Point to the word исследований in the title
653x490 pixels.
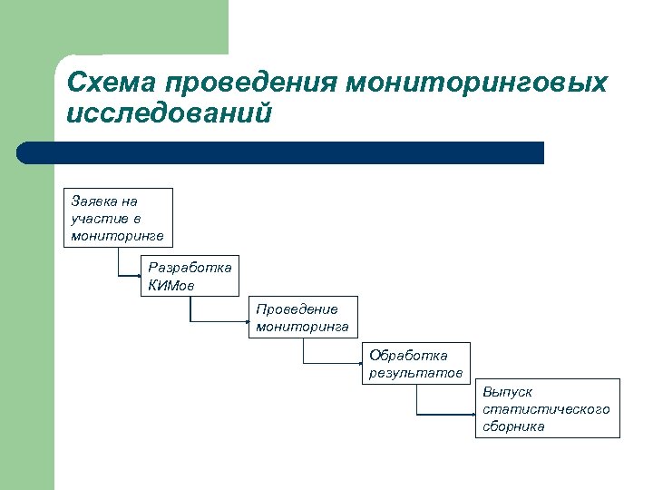pyautogui.click(x=170, y=113)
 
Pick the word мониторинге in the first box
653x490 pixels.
pyautogui.click(x=117, y=236)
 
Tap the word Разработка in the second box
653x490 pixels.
pyautogui.click(x=190, y=268)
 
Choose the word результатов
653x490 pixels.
pyautogui.click(x=415, y=373)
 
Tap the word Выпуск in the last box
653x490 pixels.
pyautogui.click(x=507, y=392)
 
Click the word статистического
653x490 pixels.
pyautogui.click(x=546, y=409)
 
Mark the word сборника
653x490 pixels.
pyautogui.click(x=513, y=426)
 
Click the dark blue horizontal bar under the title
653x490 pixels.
pyautogui.click(x=281, y=152)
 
